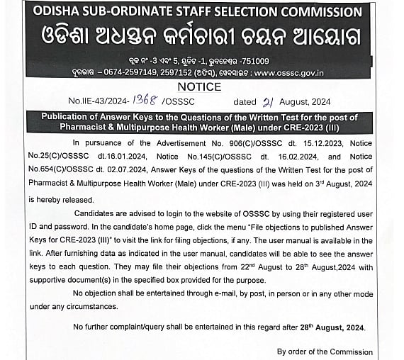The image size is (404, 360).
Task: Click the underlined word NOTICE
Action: (x=200, y=86)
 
